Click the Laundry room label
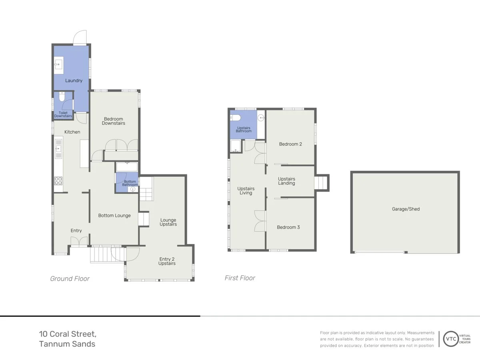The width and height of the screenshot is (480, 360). (74, 81)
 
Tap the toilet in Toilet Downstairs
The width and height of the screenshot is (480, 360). (62, 97)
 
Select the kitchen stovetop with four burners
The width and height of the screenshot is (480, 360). (58, 181)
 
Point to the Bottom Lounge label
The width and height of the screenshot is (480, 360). (114, 216)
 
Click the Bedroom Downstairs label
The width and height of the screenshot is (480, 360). (114, 121)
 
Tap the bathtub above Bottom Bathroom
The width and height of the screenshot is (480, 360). (127, 167)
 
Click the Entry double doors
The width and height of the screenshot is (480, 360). (79, 242)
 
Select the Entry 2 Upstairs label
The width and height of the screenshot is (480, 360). (167, 261)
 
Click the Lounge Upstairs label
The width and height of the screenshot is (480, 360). (168, 222)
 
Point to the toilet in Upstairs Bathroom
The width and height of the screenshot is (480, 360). (235, 118)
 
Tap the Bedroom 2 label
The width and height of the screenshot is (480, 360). (290, 144)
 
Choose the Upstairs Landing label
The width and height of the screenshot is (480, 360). (286, 181)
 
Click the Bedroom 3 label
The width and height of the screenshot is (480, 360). (288, 227)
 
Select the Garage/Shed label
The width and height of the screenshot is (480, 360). (406, 209)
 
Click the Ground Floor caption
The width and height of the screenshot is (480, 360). (70, 279)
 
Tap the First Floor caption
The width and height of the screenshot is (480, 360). (240, 278)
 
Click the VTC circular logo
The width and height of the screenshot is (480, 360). (451, 339)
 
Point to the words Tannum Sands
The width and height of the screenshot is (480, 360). (67, 344)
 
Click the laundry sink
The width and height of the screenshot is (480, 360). (59, 65)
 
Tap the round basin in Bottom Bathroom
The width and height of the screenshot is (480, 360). (133, 189)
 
